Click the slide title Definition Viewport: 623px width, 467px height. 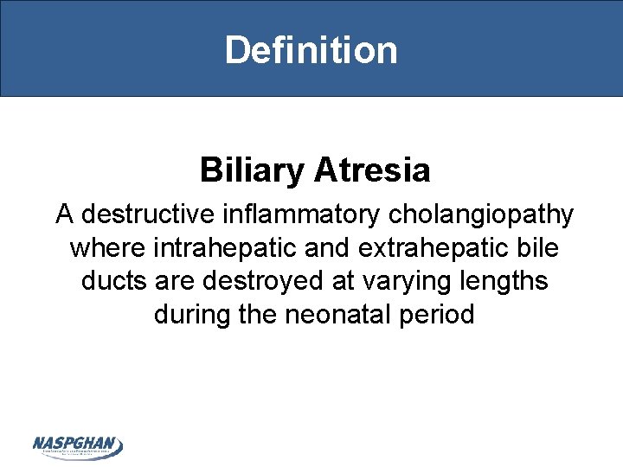point(311,49)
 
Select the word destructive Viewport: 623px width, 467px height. point(143,214)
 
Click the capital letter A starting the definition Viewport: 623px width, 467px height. point(65,214)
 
